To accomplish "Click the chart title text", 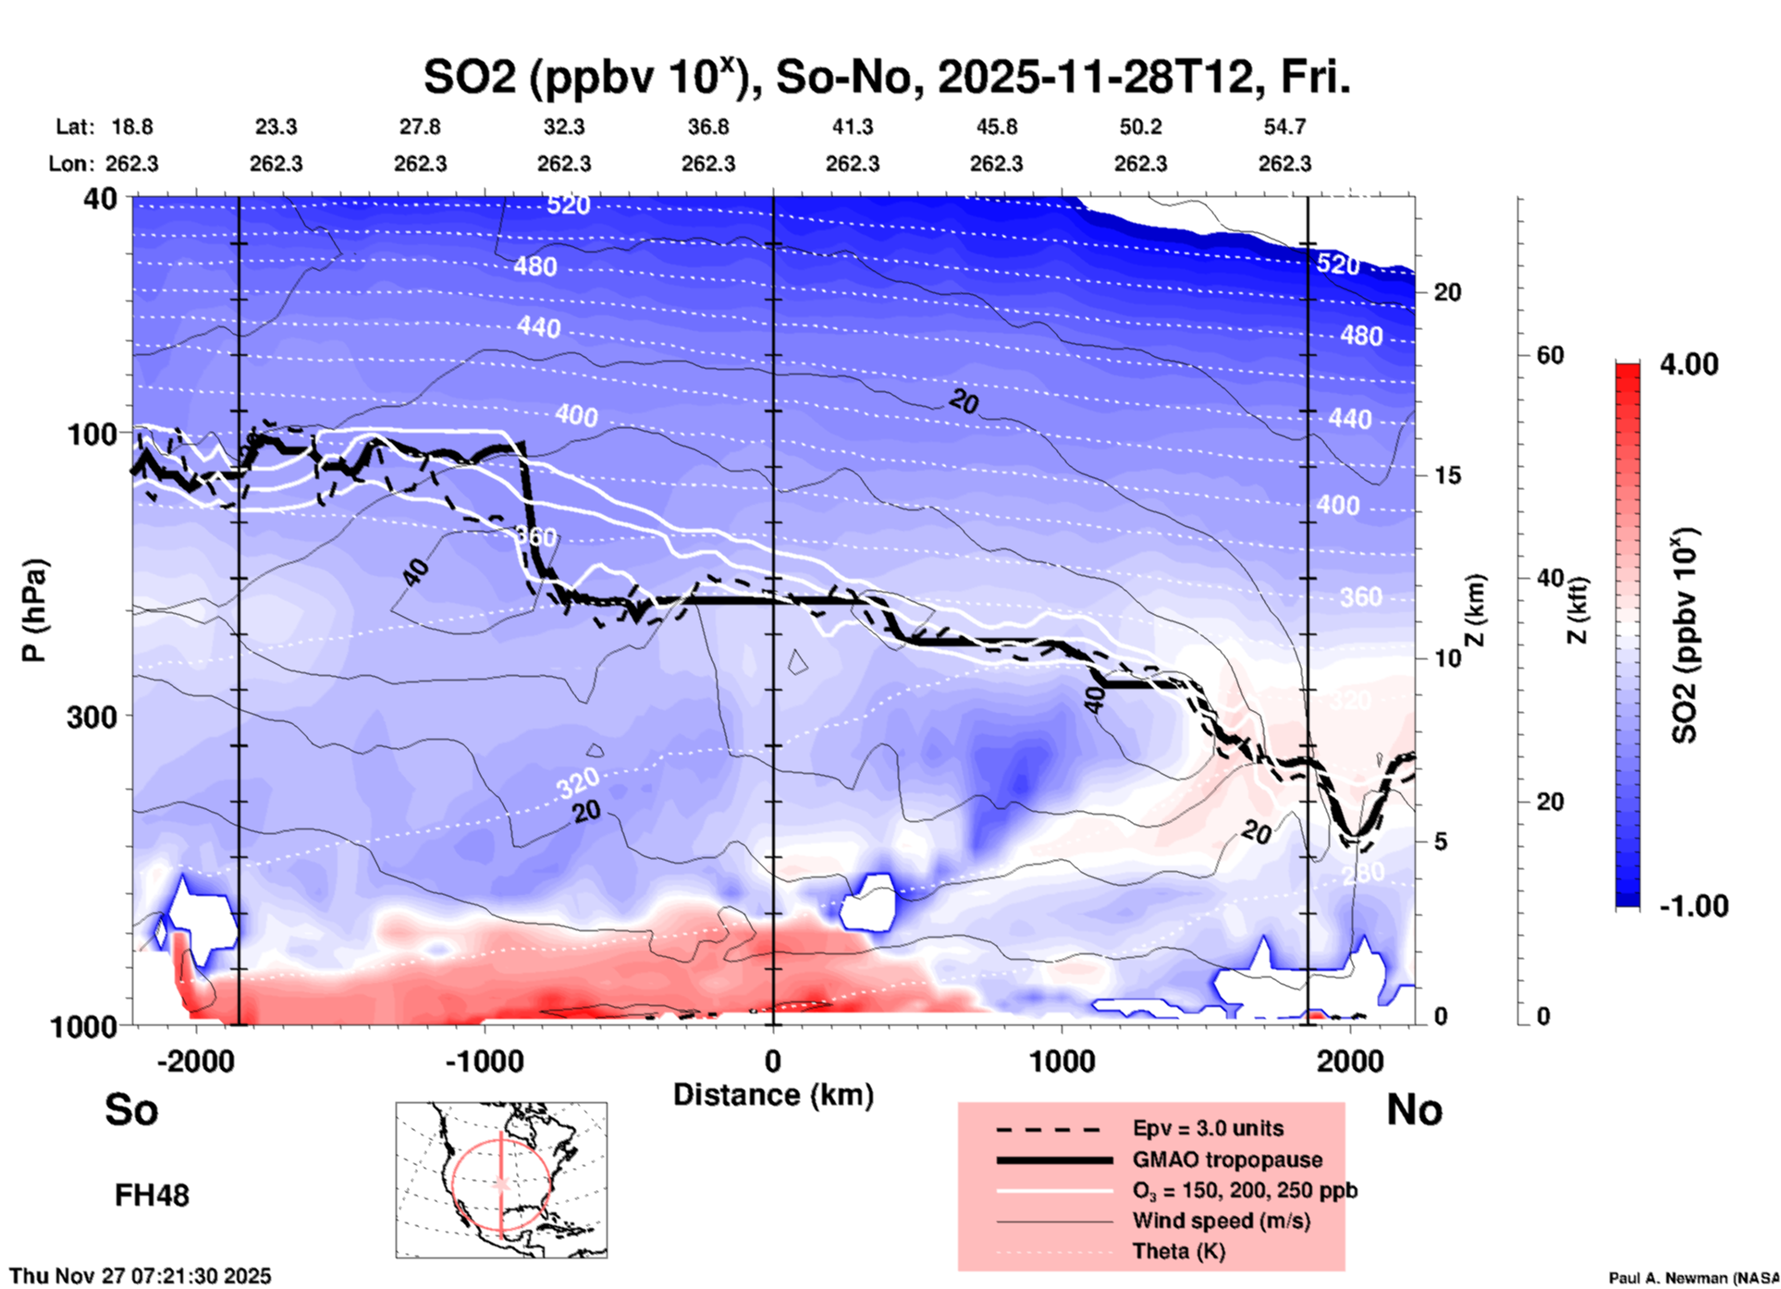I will pyautogui.click(x=886, y=77).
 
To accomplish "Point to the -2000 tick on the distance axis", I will pyautogui.click(x=195, y=1061).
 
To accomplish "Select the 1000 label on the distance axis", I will pyautogui.click(x=1062, y=1061).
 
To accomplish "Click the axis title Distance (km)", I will pyautogui.click(x=773, y=1095).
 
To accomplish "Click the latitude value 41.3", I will pyautogui.click(x=852, y=127).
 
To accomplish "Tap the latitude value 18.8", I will pyautogui.click(x=132, y=127).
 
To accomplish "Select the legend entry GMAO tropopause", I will pyautogui.click(x=1227, y=1160).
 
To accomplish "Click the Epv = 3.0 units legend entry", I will pyautogui.click(x=1208, y=1128).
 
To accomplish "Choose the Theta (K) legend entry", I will pyautogui.click(x=1178, y=1251).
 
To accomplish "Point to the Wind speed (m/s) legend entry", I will pyautogui.click(x=1221, y=1221).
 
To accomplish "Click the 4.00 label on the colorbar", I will pyautogui.click(x=1689, y=364).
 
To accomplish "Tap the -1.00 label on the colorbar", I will pyautogui.click(x=1693, y=906).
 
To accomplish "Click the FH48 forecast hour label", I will pyautogui.click(x=152, y=1196).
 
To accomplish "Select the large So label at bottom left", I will pyautogui.click(x=131, y=1110).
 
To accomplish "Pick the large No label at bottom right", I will pyautogui.click(x=1414, y=1110).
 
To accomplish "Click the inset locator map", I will pyautogui.click(x=501, y=1180).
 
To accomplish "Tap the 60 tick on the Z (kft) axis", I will pyautogui.click(x=1550, y=355).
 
